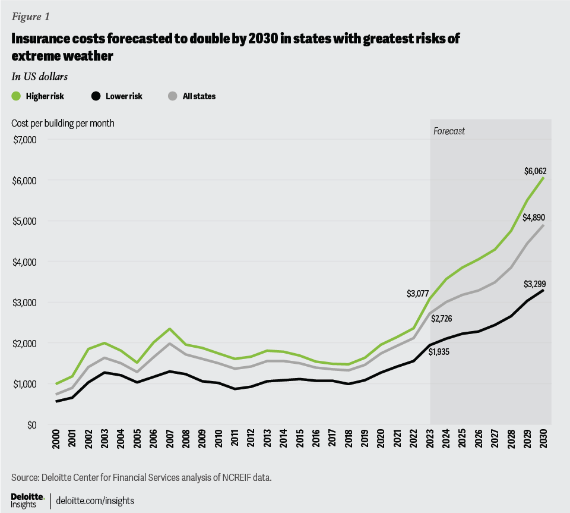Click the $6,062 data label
tap(535, 171)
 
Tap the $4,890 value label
tap(535, 218)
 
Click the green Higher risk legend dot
tap(17, 96)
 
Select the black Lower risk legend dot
tap(96, 96)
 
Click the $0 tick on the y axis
tap(31, 425)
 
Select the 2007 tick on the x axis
tap(153, 442)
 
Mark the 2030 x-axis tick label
tap(543, 442)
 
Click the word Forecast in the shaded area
tap(449, 131)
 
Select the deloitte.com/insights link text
tap(95, 501)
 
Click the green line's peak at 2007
tap(153, 329)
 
